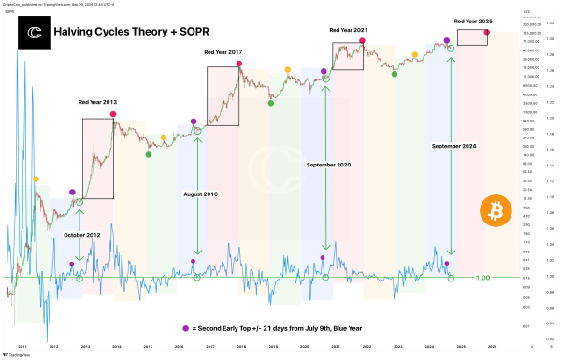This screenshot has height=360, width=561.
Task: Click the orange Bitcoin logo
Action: click(x=496, y=212)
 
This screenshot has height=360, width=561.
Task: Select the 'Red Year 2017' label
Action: click(x=223, y=52)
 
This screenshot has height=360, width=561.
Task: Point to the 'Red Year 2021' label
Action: click(x=348, y=30)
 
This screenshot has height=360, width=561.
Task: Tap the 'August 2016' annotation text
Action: click(x=199, y=194)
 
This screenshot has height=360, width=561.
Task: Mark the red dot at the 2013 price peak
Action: click(x=114, y=113)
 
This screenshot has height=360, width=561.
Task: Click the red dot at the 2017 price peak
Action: click(x=240, y=64)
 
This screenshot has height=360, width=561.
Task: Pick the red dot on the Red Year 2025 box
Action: click(x=487, y=33)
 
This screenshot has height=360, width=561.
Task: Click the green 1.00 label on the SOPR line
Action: click(x=483, y=278)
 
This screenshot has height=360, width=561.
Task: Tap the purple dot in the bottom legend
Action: click(x=186, y=328)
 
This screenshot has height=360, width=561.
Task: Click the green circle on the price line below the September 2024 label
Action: click(x=453, y=51)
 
